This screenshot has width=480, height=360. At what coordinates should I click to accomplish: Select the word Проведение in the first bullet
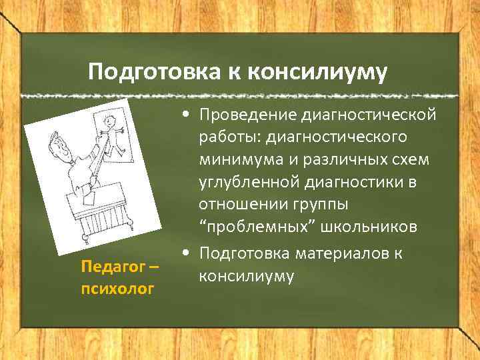[245, 116]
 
